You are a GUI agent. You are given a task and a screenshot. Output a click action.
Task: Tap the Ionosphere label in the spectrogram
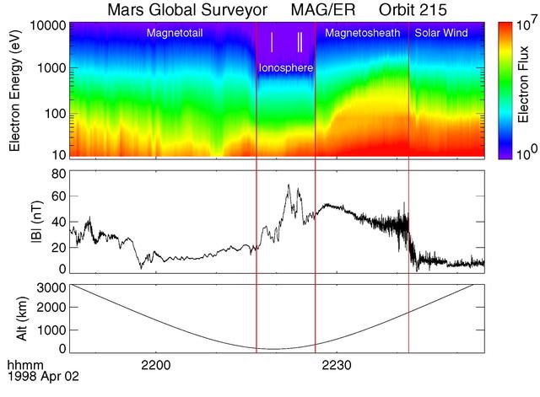click(x=285, y=67)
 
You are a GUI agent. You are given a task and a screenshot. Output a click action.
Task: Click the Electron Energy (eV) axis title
click(x=14, y=90)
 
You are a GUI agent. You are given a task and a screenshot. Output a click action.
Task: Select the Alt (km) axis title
click(x=14, y=318)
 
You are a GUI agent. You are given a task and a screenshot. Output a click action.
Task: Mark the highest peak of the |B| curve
click(x=289, y=185)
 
